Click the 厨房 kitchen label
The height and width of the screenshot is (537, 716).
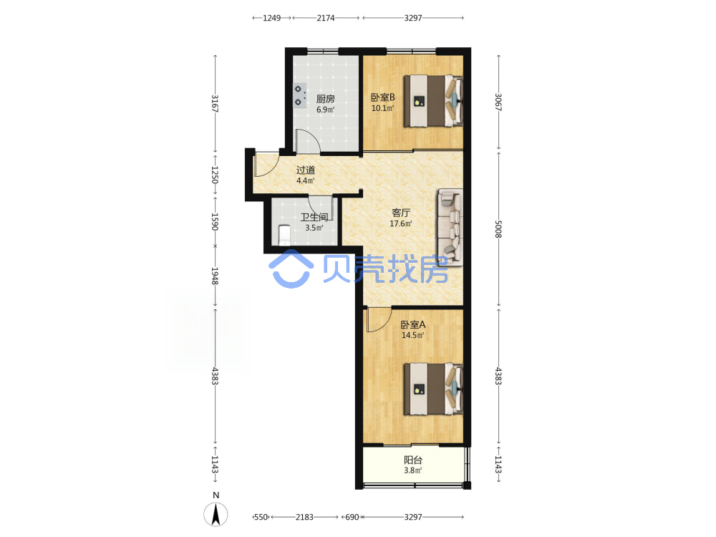(326, 99)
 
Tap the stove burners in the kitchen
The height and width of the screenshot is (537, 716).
(299, 95)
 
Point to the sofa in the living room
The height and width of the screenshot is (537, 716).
(450, 227)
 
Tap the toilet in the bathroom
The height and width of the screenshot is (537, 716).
(284, 235)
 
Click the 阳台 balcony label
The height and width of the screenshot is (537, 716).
(413, 460)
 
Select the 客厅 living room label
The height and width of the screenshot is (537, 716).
(401, 213)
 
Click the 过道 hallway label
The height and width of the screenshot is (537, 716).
(306, 170)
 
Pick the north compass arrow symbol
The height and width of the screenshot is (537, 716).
(216, 513)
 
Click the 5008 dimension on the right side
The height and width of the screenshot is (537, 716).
(498, 229)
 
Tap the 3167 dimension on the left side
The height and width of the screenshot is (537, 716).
(215, 104)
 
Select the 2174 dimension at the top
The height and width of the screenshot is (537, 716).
(326, 18)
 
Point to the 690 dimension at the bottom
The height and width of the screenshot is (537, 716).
(352, 517)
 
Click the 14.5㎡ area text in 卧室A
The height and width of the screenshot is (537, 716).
(413, 335)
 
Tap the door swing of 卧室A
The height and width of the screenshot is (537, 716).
(379, 320)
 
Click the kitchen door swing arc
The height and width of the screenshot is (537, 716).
(307, 141)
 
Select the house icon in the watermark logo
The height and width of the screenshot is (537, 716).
(291, 269)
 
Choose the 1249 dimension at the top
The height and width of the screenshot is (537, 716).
(271, 18)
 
